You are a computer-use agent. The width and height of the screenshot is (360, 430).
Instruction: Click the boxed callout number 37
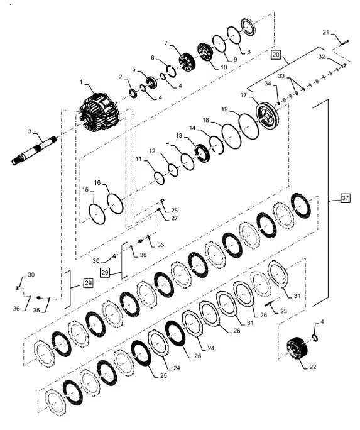point(345,198)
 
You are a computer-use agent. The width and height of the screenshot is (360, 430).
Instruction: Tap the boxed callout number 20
point(276,55)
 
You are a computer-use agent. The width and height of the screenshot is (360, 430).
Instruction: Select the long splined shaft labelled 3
point(34,150)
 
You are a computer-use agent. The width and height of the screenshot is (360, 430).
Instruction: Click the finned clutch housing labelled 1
point(99,113)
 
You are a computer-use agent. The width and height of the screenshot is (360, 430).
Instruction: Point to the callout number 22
point(313,367)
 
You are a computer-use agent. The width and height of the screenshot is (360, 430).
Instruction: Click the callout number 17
point(243,95)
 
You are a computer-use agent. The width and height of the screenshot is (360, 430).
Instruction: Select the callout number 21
point(325,32)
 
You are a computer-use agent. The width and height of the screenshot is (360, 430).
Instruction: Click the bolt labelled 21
point(344,43)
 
